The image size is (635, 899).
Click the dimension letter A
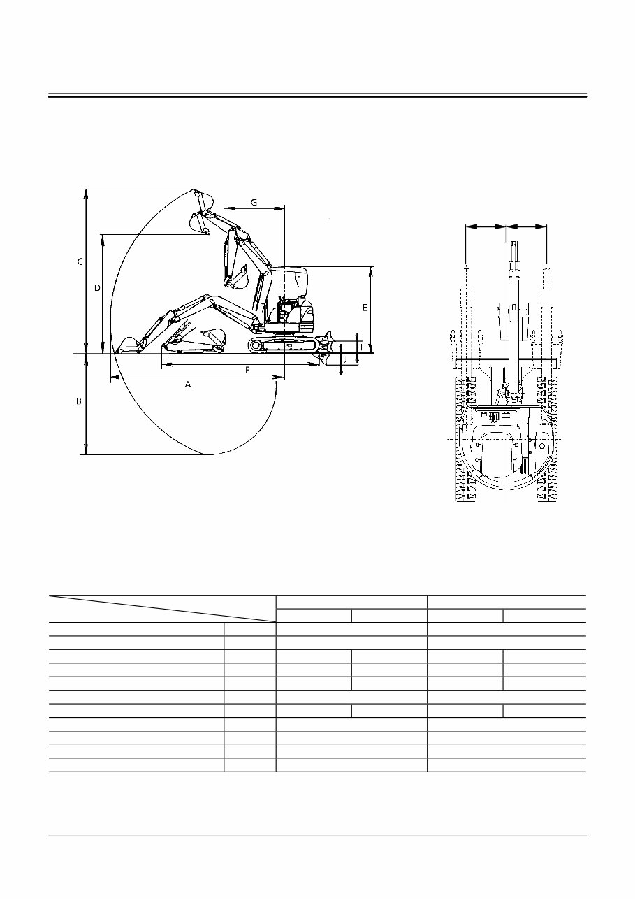click(188, 384)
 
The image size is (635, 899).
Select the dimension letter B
click(79, 401)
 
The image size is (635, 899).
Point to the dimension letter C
click(80, 261)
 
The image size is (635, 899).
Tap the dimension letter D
click(98, 287)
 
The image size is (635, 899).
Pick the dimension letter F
click(247, 371)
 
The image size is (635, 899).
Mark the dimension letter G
click(254, 202)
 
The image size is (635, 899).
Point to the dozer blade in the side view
click(324, 347)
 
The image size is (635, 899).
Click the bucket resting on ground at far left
click(127, 345)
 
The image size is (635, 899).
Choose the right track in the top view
click(546, 440)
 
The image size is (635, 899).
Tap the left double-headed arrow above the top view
click(486, 226)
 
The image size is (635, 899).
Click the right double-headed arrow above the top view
click(527, 226)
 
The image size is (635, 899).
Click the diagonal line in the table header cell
click(162, 608)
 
